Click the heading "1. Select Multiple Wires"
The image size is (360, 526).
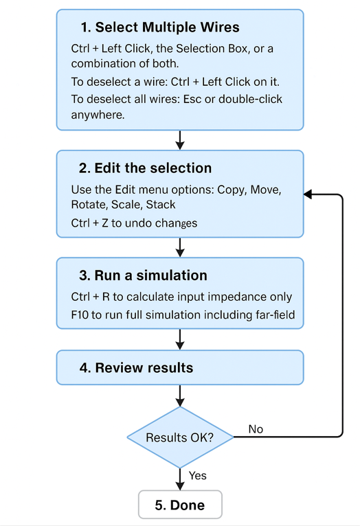pos(160,27)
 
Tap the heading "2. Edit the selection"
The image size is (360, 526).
pos(145,168)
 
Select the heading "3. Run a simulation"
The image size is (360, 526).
pos(144,275)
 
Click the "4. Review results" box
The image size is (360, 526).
pos(180,367)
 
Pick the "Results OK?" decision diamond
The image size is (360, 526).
pos(180,437)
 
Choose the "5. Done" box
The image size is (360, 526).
pos(180,505)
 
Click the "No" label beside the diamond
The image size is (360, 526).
pos(256,429)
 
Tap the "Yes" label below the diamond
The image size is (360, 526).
pos(198,476)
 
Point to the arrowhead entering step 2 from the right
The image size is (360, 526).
pos(308,194)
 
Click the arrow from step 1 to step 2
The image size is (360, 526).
pos(180,140)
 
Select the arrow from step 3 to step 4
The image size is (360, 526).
pos(180,339)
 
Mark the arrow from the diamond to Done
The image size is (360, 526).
pos(180,479)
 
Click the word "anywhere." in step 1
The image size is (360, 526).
pos(98,115)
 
